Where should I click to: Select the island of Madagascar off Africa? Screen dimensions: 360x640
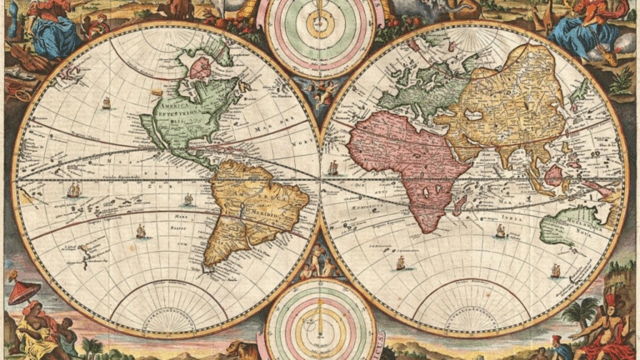click(461, 203)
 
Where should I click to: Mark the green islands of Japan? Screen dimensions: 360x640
click(578, 92)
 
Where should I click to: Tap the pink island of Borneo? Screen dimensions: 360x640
click(553, 175)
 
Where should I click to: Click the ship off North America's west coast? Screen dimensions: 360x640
click(106, 103)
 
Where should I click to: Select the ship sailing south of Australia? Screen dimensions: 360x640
click(556, 270)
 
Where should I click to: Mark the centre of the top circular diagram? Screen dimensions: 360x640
click(320, 25)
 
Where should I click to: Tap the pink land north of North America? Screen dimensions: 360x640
click(200, 67)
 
